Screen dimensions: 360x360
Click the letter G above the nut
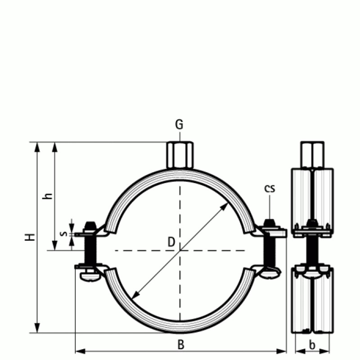pyautogui.click(x=179, y=125)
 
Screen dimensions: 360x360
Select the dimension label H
pyautogui.click(x=30, y=237)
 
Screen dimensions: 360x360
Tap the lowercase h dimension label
pyautogui.click(x=49, y=196)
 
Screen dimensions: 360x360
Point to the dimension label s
pyautogui.click(x=63, y=234)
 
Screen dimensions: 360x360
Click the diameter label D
pyautogui.click(x=171, y=242)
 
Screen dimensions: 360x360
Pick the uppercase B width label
pyautogui.click(x=180, y=345)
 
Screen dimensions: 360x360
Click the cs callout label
pyautogui.click(x=269, y=189)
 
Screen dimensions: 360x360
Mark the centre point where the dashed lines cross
pyautogui.click(x=180, y=250)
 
